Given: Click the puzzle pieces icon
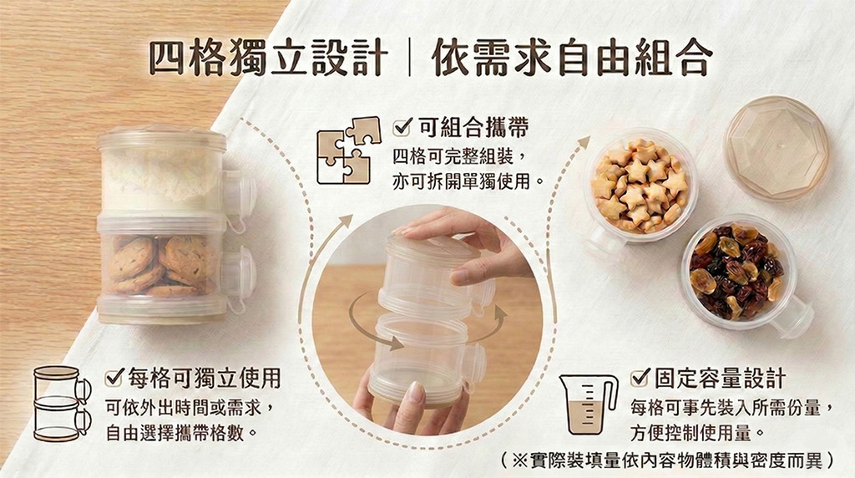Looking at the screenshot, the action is tap(348, 150).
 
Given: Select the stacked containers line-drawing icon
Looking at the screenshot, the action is tap(62, 404).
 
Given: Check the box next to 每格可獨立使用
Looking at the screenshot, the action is tap(114, 377).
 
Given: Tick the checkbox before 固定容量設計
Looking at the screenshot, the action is tap(640, 377).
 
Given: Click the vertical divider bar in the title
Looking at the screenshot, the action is tap(409, 57).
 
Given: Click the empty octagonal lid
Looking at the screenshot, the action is tap(776, 147).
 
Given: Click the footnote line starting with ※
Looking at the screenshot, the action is tap(667, 460).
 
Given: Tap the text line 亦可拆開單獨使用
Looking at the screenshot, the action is tap(468, 181).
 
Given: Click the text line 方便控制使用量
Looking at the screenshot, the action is tap(698, 433).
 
